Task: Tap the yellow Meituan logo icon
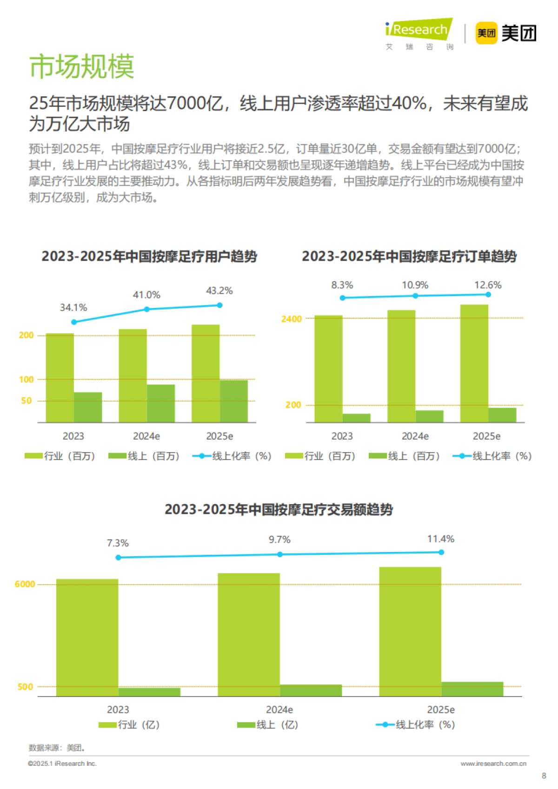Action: tap(486, 33)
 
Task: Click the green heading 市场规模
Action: tap(82, 66)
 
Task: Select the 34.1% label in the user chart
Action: tap(73, 308)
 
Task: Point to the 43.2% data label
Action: tap(219, 291)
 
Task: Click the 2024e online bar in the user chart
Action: tap(161, 403)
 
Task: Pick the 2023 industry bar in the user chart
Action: tap(60, 377)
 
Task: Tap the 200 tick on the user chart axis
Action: tap(26, 335)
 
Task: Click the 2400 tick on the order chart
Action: tap(291, 319)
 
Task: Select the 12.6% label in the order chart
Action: tap(487, 285)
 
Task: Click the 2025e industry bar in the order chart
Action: tap(474, 363)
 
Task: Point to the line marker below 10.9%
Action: tap(415, 296)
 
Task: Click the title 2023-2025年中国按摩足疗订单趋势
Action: tap(409, 256)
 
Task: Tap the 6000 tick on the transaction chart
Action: tap(25, 584)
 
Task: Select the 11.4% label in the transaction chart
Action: tap(440, 539)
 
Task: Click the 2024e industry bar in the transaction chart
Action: tap(248, 634)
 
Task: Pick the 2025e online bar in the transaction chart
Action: tap(472, 689)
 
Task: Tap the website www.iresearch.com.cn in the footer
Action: tap(493, 763)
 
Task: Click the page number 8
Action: tap(544, 776)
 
